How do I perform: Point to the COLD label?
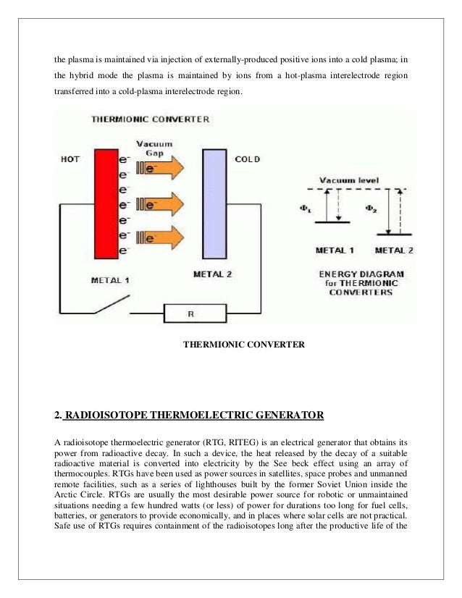click(248, 159)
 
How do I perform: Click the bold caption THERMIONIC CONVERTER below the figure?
click(245, 345)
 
